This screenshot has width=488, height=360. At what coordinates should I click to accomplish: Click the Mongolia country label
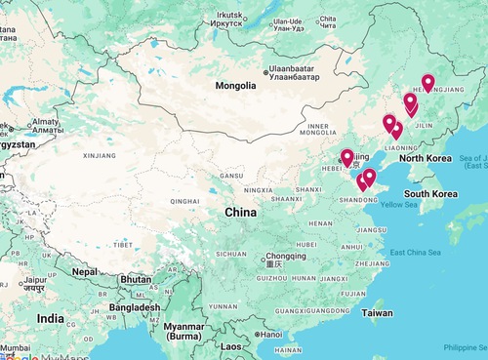pyautogui.click(x=235, y=86)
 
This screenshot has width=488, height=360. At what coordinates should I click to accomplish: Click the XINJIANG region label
pyautogui.click(x=100, y=155)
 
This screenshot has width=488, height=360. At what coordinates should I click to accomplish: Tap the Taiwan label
pyautogui.click(x=377, y=313)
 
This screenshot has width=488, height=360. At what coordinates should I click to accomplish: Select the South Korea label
pyautogui.click(x=431, y=193)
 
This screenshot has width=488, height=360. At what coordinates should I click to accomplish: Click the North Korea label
pyautogui.click(x=425, y=158)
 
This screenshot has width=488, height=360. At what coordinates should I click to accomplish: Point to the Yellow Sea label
pyautogui.click(x=398, y=205)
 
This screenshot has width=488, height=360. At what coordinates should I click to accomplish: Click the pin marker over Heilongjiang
pyautogui.click(x=427, y=84)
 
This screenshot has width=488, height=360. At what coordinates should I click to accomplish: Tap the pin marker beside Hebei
pyautogui.click(x=346, y=157)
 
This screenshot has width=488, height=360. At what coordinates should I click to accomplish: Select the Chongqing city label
pyautogui.click(x=268, y=256)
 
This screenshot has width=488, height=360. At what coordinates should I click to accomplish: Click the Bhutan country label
pyautogui.click(x=137, y=279)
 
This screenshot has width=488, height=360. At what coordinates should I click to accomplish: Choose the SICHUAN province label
pyautogui.click(x=231, y=254)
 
